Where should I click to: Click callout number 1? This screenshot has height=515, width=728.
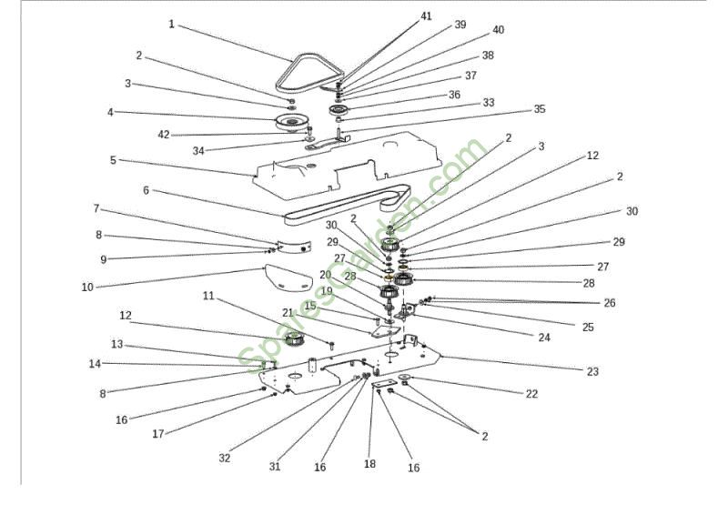click(x=172, y=25)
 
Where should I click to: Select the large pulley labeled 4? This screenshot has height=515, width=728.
click(x=290, y=123)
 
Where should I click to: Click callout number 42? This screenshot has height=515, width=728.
click(x=164, y=135)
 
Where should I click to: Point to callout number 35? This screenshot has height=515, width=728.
click(x=539, y=109)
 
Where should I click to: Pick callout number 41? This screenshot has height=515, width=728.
click(x=426, y=16)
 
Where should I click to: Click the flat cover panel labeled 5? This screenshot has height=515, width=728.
click(x=346, y=167)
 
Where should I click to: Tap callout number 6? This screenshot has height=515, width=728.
click(x=146, y=190)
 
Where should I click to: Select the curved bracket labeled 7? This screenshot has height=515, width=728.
click(x=294, y=247)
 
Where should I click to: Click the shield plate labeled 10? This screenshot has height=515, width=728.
click(x=286, y=278)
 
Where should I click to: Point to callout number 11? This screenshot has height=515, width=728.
click(x=208, y=296)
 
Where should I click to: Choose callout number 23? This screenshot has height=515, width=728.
click(x=592, y=371)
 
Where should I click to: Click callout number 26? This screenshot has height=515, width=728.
click(x=609, y=303)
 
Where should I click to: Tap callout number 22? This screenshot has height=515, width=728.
click(x=531, y=394)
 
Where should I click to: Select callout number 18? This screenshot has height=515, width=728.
click(x=369, y=463)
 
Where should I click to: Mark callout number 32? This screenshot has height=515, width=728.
click(x=224, y=458)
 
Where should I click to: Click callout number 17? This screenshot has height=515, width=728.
click(x=157, y=434)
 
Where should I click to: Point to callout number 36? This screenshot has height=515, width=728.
click(x=454, y=95)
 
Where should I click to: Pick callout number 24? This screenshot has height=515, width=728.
click(x=544, y=338)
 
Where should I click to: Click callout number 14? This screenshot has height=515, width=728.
click(x=95, y=364)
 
